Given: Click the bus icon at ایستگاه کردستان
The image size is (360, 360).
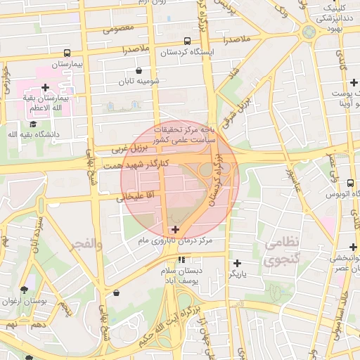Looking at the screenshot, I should coord(187,41).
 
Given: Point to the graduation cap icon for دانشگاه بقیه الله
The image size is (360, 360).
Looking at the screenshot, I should coord(33,124).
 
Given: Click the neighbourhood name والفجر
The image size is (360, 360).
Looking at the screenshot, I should coord(86,243).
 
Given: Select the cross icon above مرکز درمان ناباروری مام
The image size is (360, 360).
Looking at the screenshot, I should coord(175,229).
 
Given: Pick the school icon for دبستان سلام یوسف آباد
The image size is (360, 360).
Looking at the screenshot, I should coord(182,259).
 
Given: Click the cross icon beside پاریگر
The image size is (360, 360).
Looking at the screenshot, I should coord(236,263).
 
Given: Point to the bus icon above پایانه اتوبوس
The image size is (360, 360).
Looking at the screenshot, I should coord(351,184).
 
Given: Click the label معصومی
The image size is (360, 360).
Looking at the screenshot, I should coord(118,30).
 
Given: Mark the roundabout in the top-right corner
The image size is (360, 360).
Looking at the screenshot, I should coord(309,32).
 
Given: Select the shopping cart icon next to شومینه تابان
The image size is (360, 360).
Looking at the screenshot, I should coord(139,70).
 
